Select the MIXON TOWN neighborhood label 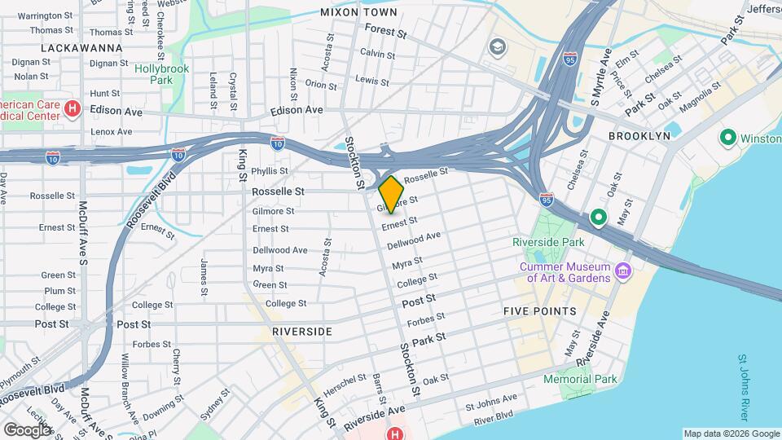point(358,12)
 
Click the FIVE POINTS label point(539,311)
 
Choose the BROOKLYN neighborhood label point(639,135)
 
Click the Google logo point(27,429)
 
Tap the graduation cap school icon point(496,47)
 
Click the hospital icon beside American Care point(72,108)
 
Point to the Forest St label point(385,32)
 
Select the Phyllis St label point(270,171)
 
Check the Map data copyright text point(730,433)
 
